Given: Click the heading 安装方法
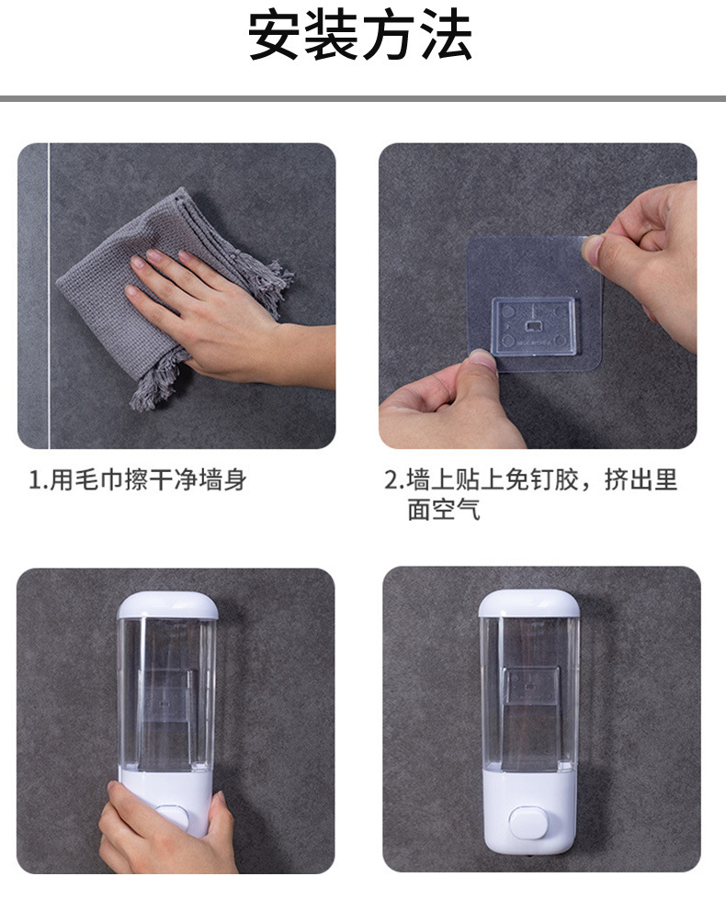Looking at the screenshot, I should (x=361, y=37).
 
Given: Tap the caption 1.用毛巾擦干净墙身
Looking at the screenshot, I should (x=137, y=479).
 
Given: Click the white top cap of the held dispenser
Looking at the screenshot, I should (x=167, y=606).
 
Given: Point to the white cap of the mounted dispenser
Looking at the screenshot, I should (x=528, y=603).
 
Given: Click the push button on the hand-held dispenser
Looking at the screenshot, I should (x=168, y=818).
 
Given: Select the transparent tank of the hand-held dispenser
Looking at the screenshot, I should (x=167, y=693).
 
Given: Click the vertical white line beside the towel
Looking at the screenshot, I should (x=48, y=294).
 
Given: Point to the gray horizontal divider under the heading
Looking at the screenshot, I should (x=363, y=98).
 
